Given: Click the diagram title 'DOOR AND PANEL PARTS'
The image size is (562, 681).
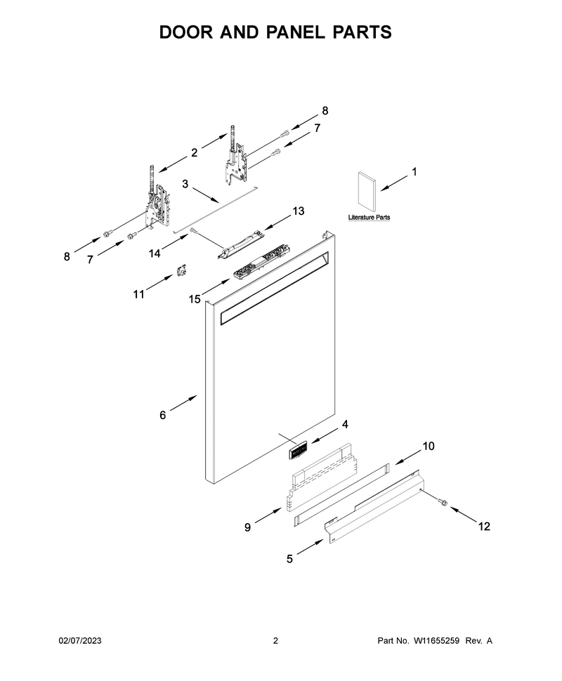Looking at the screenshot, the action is (x=275, y=32).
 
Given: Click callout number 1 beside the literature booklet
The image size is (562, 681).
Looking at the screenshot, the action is (x=414, y=172).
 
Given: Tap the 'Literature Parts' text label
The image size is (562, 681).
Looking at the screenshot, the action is (x=369, y=217).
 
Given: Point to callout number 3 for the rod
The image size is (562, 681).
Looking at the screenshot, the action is (x=185, y=184).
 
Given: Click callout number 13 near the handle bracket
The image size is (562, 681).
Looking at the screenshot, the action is (x=298, y=211).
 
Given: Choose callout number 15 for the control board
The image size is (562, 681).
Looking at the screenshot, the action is (x=195, y=299).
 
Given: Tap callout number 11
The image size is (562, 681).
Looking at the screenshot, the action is (x=138, y=294).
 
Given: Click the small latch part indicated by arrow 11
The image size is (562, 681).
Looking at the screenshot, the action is (x=181, y=270).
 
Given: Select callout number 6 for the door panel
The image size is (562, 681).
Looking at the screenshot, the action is (x=162, y=415).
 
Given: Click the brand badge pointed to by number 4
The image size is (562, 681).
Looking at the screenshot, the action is (x=298, y=448).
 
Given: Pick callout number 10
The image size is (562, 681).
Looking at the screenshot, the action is (x=429, y=446).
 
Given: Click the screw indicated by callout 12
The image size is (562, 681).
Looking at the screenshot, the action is (x=443, y=503).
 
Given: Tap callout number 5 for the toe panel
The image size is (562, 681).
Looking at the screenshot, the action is (x=289, y=559).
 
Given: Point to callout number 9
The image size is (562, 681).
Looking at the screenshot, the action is (x=247, y=527).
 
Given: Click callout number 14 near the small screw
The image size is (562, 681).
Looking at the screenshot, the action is (x=155, y=253).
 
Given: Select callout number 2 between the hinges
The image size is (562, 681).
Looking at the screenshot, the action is (x=195, y=152).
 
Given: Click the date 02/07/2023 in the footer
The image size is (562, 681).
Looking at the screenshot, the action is (x=80, y=640).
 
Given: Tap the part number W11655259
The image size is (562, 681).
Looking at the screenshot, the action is (x=436, y=640).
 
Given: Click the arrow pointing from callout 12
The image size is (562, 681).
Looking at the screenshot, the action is (x=464, y=514).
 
